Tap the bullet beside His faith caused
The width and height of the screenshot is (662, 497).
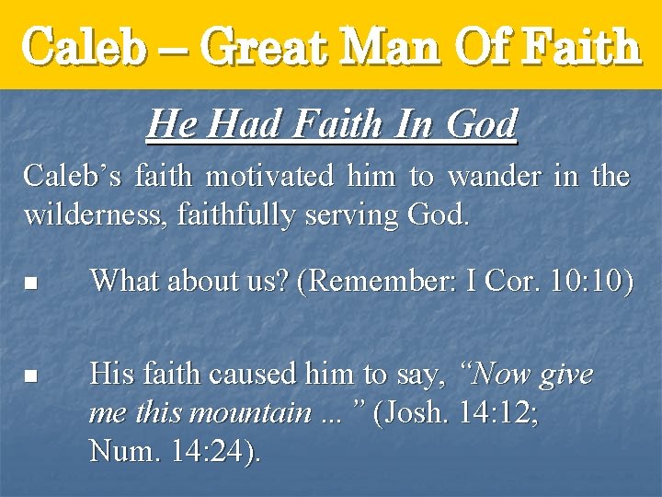pyautogui.click(x=29, y=376)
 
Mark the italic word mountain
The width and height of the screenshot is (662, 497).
pyautogui.click(x=250, y=412)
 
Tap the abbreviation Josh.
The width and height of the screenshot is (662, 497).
pyautogui.click(x=425, y=412)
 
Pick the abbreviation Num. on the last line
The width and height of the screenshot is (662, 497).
pyautogui.click(x=120, y=451)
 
